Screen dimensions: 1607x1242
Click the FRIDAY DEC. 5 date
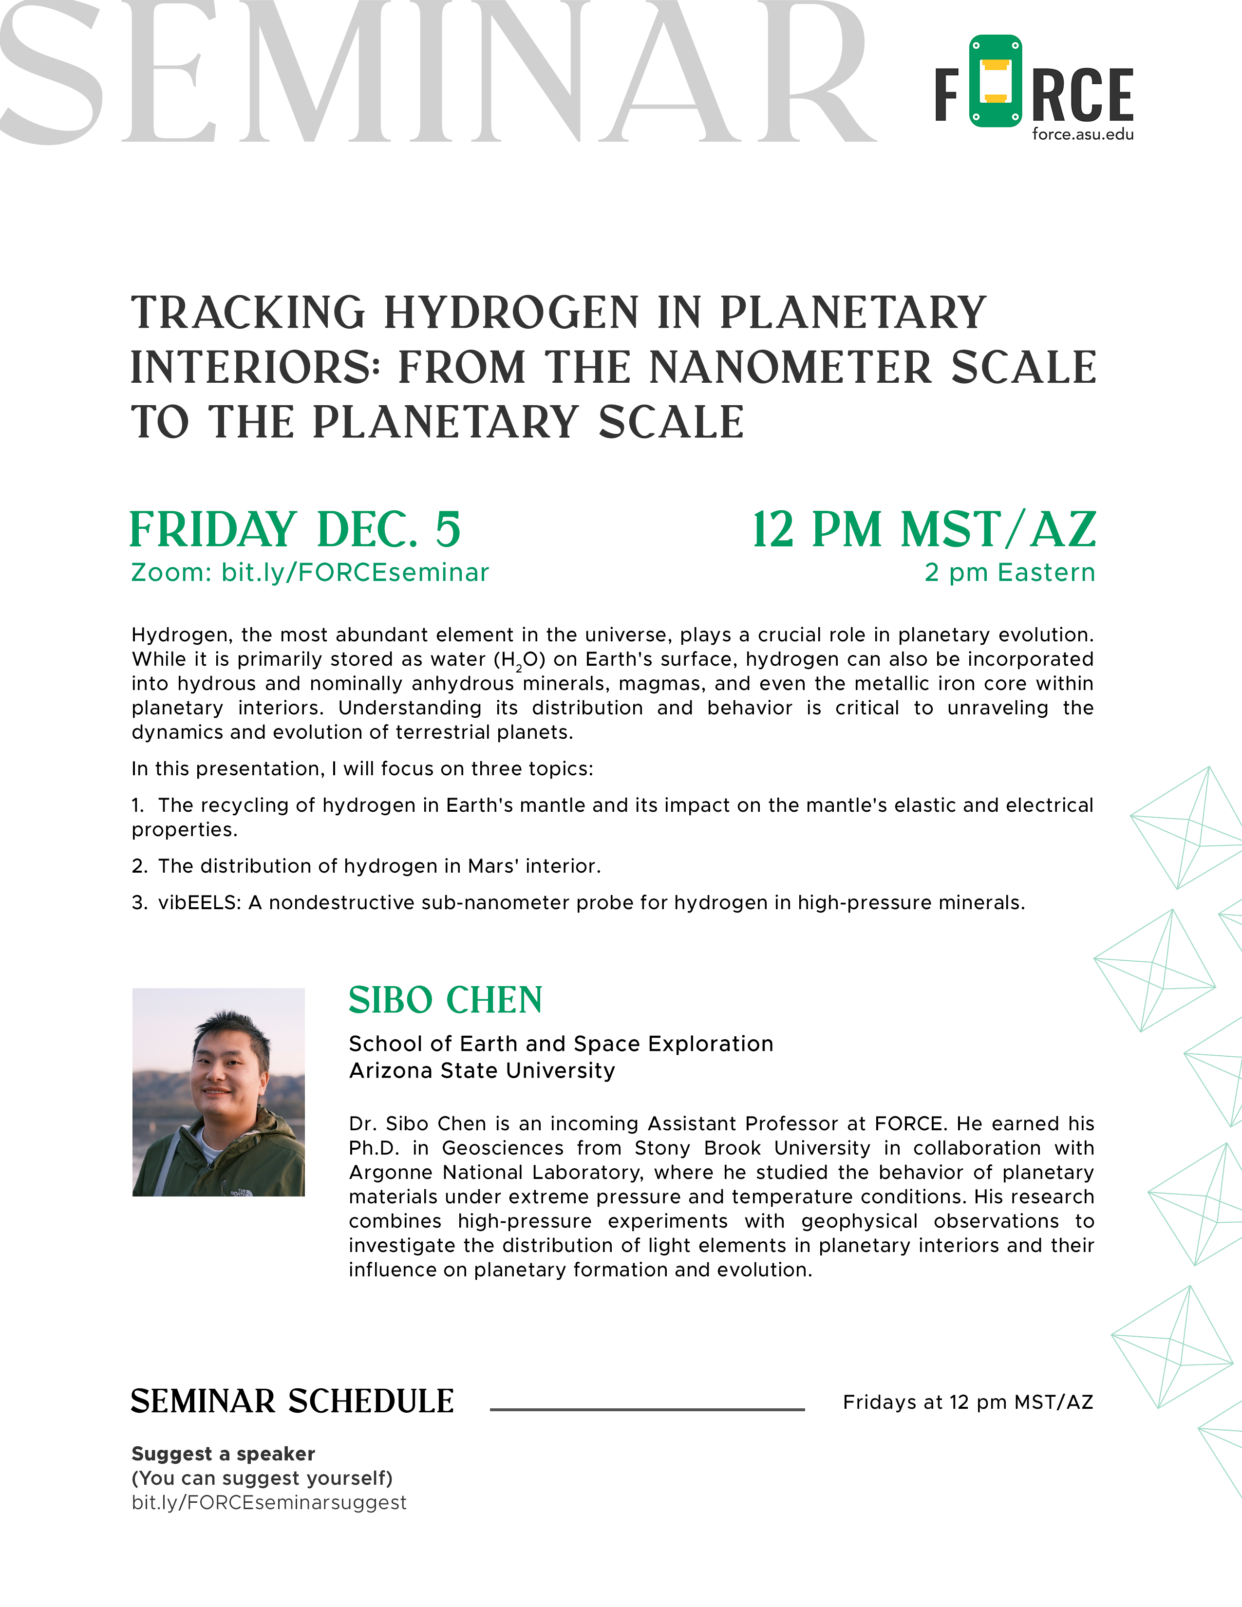[x=295, y=530]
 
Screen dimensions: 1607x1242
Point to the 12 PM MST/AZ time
[x=923, y=530]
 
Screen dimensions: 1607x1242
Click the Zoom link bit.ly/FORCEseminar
[x=356, y=573]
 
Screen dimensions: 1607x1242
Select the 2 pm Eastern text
[x=1010, y=573]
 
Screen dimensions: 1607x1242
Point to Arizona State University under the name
[x=482, y=1070]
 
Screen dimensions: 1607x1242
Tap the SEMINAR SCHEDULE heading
[x=292, y=1401]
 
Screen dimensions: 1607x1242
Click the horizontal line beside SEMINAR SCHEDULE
[x=647, y=1409]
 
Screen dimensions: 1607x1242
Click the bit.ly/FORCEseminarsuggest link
[x=268, y=1502]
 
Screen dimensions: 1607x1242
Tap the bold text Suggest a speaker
[x=223, y=1454]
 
